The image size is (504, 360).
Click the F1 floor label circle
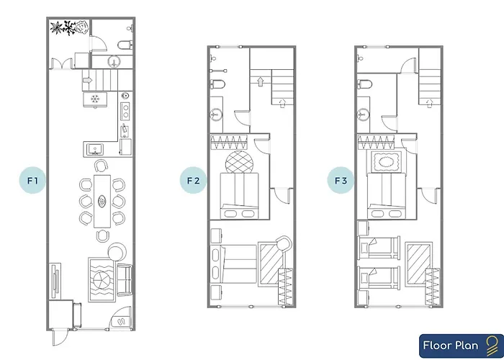coord(32,180)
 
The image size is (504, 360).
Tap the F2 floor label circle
coord(193,180)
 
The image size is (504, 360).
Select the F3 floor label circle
coord(341,180)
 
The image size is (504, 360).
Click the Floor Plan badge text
coord(450,346)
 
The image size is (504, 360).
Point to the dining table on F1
coord(102,201)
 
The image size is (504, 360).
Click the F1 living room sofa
coord(125,279)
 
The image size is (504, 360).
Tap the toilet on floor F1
coord(125,45)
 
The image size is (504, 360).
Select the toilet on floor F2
coord(217,84)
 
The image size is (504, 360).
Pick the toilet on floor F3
coord(365,84)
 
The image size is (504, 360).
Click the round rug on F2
coord(239,162)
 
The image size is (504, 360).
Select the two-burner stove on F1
coord(125,111)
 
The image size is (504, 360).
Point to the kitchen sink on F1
coord(95,149)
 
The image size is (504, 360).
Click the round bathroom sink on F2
coord(216,114)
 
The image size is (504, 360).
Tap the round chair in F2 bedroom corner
coord(284,243)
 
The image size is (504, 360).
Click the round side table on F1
coord(117,252)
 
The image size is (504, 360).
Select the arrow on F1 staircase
coord(88,80)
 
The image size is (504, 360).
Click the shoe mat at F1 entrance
coord(122,320)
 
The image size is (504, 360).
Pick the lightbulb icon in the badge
coord(492,345)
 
